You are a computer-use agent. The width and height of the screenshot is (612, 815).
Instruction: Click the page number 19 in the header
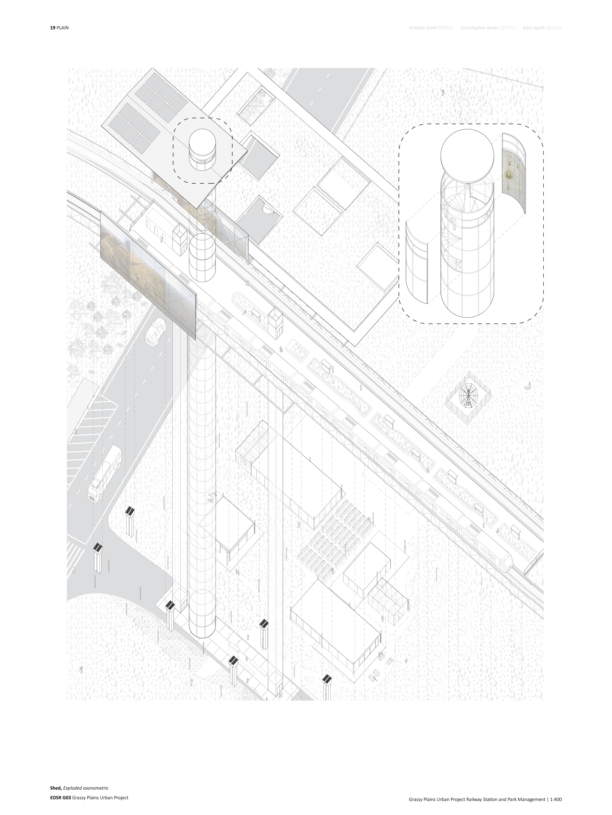53,28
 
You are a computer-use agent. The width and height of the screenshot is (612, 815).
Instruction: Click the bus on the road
105,473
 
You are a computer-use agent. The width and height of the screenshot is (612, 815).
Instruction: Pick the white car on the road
156,332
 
